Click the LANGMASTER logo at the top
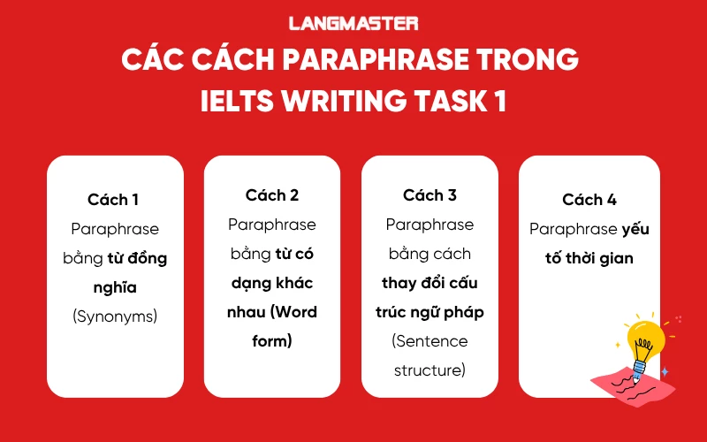pos(353,24)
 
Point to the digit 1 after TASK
pos(500,101)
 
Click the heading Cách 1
pos(113,200)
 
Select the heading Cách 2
pos(272,194)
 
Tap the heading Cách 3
pos(430,194)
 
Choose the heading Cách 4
pos(589,200)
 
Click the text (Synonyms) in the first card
pos(113,316)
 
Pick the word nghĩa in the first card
pos(113,287)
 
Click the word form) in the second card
pos(272,341)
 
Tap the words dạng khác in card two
pos(272,283)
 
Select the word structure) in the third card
pos(430,370)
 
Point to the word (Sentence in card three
pos(430,341)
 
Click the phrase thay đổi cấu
pos(430,283)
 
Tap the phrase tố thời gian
pos(589,258)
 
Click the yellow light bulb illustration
pos(645,340)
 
